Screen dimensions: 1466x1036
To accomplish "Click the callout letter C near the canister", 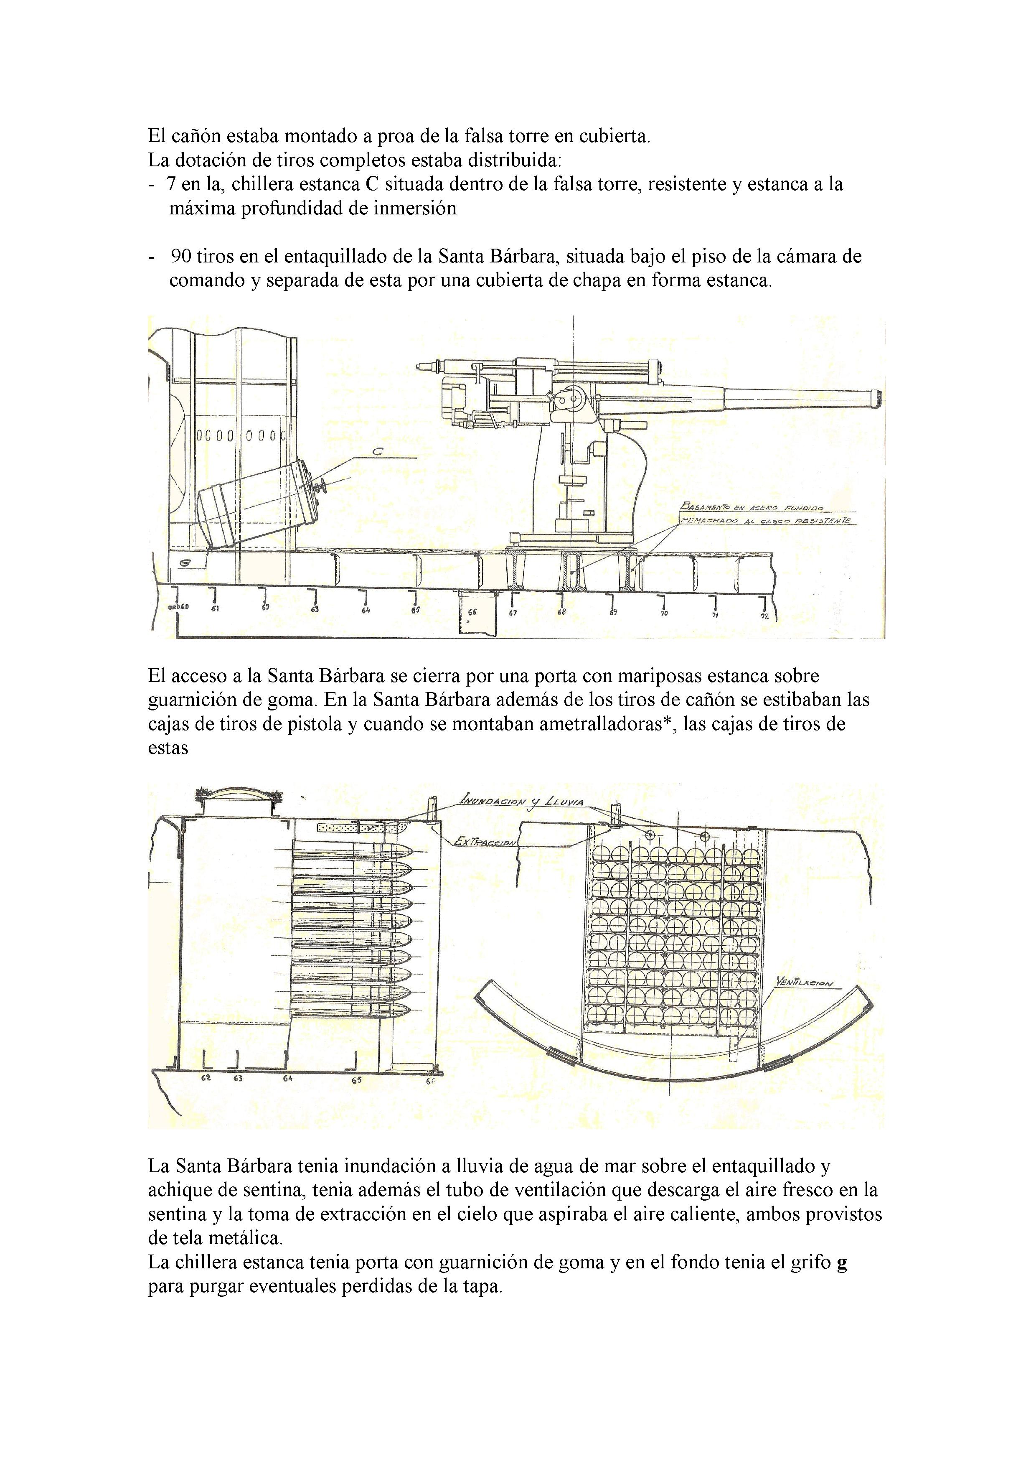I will pyautogui.click(x=377, y=451).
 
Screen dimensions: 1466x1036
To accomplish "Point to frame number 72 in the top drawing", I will pyautogui.click(x=764, y=616).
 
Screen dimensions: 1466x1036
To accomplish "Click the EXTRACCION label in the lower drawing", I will pyautogui.click(x=485, y=842).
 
